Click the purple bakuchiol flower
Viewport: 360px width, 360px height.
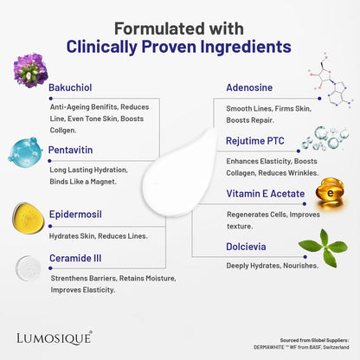(30, 70)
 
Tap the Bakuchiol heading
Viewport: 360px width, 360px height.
(70, 87)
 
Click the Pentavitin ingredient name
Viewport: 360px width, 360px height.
(70, 150)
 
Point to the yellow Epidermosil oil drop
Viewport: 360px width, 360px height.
(28, 218)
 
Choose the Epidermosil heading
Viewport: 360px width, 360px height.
(75, 215)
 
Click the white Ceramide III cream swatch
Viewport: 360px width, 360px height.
(28, 268)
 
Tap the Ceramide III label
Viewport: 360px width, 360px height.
(75, 258)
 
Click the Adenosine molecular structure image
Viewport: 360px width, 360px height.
(331, 81)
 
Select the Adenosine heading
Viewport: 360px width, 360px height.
(249, 87)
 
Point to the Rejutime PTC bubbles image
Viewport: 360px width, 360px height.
(325, 138)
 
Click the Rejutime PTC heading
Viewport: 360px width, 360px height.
(255, 141)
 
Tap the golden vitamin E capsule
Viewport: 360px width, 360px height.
(330, 193)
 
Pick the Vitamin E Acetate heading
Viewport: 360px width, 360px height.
(266, 194)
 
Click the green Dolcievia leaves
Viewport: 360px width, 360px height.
(324, 247)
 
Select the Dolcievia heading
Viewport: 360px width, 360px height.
(246, 247)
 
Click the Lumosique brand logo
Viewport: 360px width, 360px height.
(55, 337)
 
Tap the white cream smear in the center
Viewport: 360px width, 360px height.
(179, 173)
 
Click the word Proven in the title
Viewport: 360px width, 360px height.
(169, 47)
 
